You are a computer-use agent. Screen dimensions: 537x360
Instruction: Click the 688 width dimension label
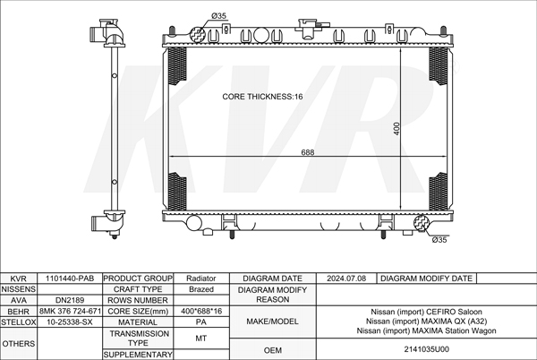pos(308,152)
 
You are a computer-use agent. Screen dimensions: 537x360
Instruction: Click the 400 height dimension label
pos(396,129)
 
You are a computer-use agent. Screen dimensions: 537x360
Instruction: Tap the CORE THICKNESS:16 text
pos(262,97)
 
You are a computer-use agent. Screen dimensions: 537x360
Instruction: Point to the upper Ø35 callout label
pos(219,16)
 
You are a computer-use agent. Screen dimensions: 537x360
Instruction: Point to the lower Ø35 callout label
pos(439,240)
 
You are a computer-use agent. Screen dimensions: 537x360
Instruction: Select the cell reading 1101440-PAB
pos(70,279)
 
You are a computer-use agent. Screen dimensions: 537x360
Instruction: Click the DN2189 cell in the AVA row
pos(70,300)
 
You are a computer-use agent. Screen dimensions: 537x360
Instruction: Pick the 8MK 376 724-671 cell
pos(70,311)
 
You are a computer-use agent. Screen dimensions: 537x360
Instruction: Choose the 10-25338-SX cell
pos(70,322)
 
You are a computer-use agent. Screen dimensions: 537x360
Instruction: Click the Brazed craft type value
pos(201,289)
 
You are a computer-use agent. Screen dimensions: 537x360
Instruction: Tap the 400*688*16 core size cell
pos(201,311)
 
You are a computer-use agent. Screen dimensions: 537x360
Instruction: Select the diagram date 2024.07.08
pos(346,279)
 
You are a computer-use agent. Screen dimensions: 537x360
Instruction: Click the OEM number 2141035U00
pos(426,349)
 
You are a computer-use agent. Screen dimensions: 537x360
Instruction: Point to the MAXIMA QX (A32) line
pos(426,321)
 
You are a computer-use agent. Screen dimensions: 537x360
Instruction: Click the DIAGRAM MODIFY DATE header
pos(426,279)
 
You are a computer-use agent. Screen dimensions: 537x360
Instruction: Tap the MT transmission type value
pos(201,339)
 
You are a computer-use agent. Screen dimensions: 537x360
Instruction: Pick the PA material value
pos(201,322)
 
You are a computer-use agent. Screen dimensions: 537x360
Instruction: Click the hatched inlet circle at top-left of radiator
pos(198,35)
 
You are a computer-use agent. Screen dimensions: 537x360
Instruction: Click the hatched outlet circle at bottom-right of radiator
pos(422,223)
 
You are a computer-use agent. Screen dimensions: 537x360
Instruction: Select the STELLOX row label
pos(19,322)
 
